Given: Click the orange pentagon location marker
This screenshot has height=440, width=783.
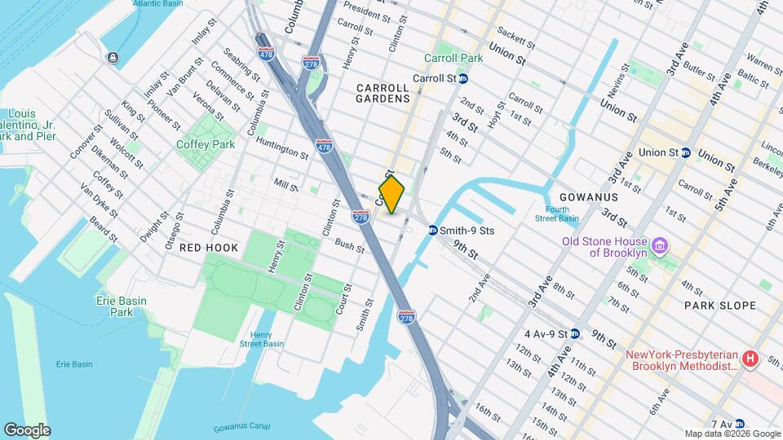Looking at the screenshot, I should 392,195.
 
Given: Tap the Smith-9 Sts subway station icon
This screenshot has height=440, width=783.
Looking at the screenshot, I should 432,231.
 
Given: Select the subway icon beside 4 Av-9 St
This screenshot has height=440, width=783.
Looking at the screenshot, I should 575,333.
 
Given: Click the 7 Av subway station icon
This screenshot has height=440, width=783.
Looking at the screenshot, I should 739,424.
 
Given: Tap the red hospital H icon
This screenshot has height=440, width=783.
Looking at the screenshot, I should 749,359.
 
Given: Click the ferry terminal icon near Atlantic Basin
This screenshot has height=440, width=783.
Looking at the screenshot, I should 112,57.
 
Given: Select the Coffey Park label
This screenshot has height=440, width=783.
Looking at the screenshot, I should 206,144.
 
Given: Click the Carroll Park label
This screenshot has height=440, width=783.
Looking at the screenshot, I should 453,58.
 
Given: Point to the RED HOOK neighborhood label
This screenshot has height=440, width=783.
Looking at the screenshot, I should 209,247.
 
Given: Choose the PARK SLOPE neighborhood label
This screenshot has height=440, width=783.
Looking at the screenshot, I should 720,306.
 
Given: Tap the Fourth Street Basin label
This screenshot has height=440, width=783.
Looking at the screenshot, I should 558,213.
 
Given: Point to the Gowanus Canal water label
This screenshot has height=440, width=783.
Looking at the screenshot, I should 241,429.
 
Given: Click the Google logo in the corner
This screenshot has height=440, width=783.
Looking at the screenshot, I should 27,429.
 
